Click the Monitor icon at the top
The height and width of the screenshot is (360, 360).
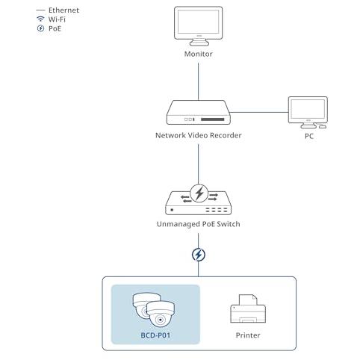coord(198,26)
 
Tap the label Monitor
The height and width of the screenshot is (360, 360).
coord(199,54)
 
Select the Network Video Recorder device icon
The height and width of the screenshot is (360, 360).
coord(199,112)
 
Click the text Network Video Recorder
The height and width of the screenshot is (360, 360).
coord(199,135)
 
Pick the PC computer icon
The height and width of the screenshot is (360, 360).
coord(308,113)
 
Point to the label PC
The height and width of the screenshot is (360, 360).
coord(309,136)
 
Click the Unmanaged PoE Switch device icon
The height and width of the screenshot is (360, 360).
coord(199,200)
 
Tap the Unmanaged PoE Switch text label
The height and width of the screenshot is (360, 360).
coord(199,224)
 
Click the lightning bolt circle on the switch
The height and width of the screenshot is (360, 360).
coord(199,193)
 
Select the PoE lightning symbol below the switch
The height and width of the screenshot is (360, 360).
coord(199,255)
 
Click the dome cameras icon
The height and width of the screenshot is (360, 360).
coord(154,310)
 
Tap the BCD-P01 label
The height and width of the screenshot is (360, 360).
coord(155,335)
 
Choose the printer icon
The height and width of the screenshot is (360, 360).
coord(248,308)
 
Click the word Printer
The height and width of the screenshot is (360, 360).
coord(248,335)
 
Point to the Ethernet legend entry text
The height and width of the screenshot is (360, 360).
coord(63,10)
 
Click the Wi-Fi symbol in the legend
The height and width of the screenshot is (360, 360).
coord(40,19)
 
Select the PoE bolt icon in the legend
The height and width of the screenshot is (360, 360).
coord(40,28)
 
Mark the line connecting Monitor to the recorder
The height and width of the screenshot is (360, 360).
coord(198,81)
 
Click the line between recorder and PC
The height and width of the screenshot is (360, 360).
coord(259,112)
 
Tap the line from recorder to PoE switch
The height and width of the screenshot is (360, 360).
coord(198,164)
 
